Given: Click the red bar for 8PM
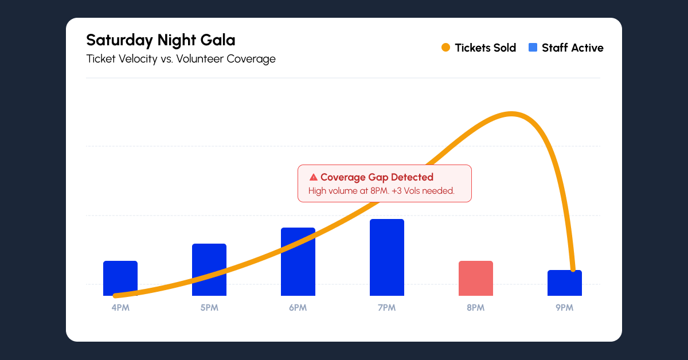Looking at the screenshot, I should (476, 279).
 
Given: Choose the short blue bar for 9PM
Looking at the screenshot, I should (565, 283).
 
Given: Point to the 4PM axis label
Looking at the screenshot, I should (120, 308).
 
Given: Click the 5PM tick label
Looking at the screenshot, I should (209, 308).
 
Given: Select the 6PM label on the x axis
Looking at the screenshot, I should (298, 308).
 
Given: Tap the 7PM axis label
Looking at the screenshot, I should (387, 308).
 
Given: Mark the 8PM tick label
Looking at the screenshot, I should (476, 308).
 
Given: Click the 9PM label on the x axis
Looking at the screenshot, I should (565, 308).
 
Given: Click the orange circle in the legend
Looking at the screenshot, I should (445, 48).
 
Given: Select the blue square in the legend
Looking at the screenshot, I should (533, 48).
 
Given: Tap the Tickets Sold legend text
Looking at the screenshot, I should (485, 48).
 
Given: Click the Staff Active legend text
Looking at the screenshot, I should (572, 48).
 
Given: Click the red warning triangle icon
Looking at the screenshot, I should (313, 178).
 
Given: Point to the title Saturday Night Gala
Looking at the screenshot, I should (161, 40).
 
